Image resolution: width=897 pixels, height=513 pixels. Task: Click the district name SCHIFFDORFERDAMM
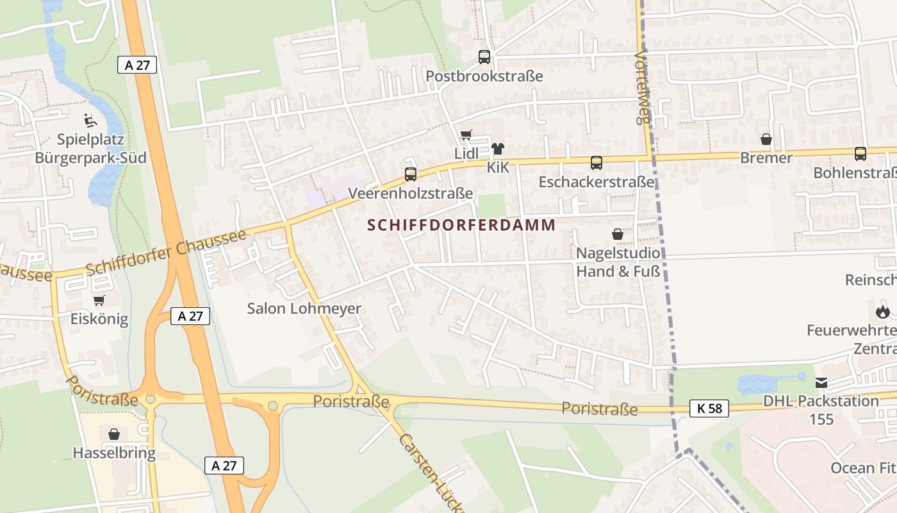click(461, 225)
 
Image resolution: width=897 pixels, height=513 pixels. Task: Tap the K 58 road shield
click(709, 408)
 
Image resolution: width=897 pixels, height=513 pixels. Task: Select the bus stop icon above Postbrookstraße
click(484, 57)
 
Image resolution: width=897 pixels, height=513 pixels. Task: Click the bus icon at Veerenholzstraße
click(411, 174)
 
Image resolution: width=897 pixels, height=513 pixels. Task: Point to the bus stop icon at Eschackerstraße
click(597, 163)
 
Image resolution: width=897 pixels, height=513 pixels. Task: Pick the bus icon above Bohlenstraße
click(860, 154)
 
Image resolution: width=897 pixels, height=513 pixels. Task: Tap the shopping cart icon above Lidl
click(466, 135)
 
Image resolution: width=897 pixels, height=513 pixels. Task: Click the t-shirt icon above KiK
click(498, 149)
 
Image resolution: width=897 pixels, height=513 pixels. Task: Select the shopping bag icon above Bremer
click(766, 139)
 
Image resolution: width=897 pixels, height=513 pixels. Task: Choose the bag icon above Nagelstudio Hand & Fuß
click(618, 234)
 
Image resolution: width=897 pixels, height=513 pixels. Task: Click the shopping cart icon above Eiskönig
click(99, 300)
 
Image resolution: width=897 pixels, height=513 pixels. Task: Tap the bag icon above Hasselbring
click(114, 434)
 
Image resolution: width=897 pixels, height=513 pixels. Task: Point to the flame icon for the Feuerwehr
click(883, 312)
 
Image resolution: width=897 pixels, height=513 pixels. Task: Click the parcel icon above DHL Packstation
click(821, 383)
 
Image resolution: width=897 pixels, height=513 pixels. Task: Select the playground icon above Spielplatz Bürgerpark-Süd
click(90, 120)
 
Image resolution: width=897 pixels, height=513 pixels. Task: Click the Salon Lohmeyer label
click(304, 308)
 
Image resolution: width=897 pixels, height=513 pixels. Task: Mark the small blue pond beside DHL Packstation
click(766, 383)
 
